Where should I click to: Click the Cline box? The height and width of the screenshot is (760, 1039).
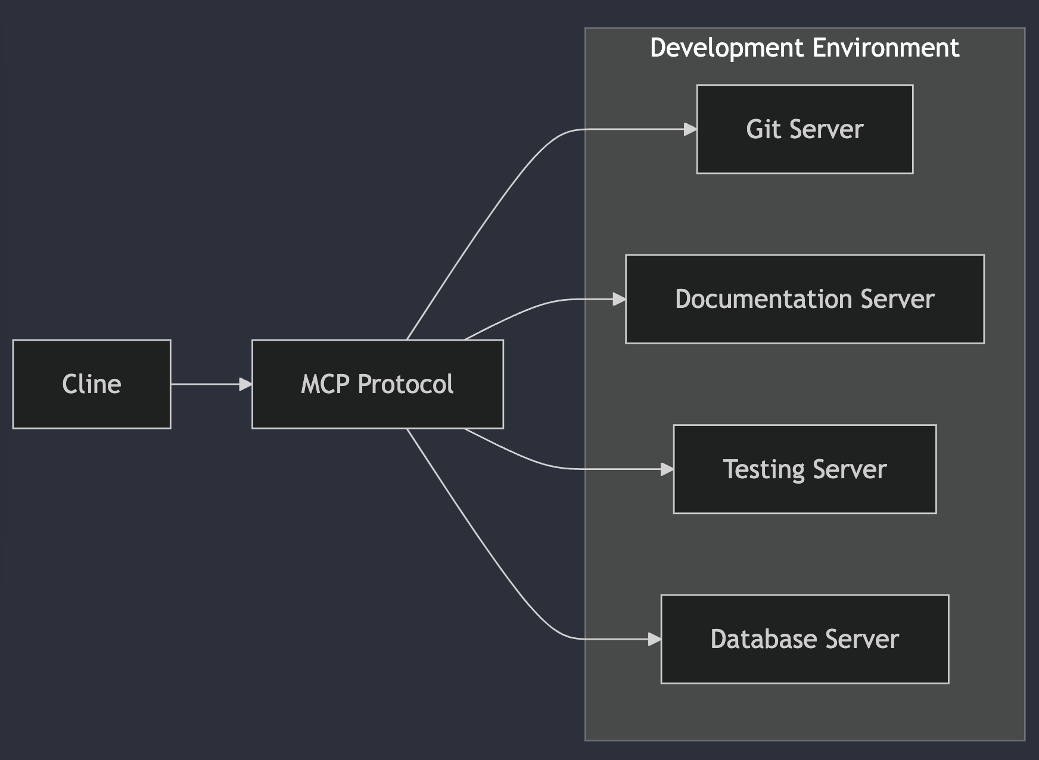(92, 384)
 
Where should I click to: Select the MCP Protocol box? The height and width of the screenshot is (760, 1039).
(378, 384)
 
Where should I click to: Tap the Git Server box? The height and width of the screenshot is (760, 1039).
(804, 129)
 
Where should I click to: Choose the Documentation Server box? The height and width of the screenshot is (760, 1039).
(804, 299)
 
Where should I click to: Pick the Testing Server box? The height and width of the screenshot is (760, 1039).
(804, 469)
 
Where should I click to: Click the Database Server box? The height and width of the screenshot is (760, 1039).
(804, 639)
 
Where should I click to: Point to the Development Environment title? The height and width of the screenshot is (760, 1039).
(804, 48)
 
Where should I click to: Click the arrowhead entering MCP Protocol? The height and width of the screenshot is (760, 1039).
(245, 384)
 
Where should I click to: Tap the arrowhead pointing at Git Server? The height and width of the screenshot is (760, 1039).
(690, 129)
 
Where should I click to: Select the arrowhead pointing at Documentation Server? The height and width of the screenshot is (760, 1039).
(619, 299)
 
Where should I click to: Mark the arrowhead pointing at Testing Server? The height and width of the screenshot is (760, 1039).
(667, 469)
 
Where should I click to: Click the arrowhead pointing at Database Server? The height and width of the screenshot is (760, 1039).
(655, 639)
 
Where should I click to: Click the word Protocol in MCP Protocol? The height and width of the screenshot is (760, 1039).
(406, 384)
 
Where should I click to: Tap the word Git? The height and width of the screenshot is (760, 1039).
(763, 129)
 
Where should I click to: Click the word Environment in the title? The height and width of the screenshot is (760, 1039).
(886, 48)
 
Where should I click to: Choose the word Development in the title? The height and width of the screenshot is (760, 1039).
(727, 48)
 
